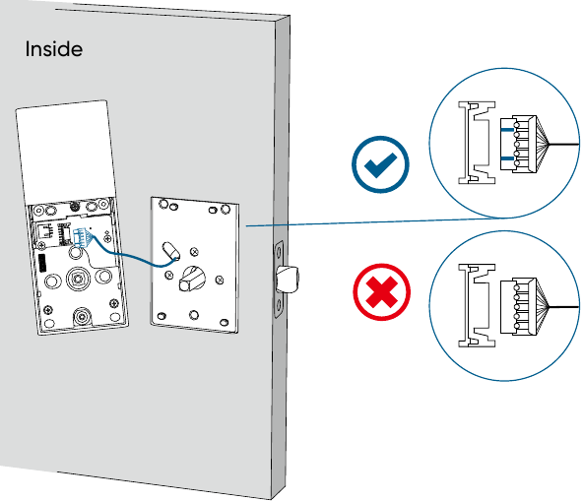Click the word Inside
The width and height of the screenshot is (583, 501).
pos(54,49)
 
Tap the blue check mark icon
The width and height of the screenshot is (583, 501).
pos(380,164)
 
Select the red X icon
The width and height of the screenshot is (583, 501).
pos(381,292)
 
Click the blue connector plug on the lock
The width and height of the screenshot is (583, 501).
pos(81,237)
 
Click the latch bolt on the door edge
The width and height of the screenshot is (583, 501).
pos(288,279)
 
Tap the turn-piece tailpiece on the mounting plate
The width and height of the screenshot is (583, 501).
pos(192,278)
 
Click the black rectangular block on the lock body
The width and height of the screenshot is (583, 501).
pos(42,263)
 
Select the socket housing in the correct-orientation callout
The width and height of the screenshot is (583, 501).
pos(477,143)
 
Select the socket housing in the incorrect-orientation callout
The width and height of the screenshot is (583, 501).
pos(477,305)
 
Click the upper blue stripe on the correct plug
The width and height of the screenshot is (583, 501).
pos(507,130)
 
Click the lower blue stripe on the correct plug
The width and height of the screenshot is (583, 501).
pos(507,158)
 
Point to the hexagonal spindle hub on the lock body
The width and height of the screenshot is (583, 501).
pos(78,279)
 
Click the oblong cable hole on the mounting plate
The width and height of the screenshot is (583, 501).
pos(171,251)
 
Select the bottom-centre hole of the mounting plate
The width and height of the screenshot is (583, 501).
pos(194,315)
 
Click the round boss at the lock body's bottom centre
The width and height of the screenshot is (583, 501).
pos(82,317)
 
